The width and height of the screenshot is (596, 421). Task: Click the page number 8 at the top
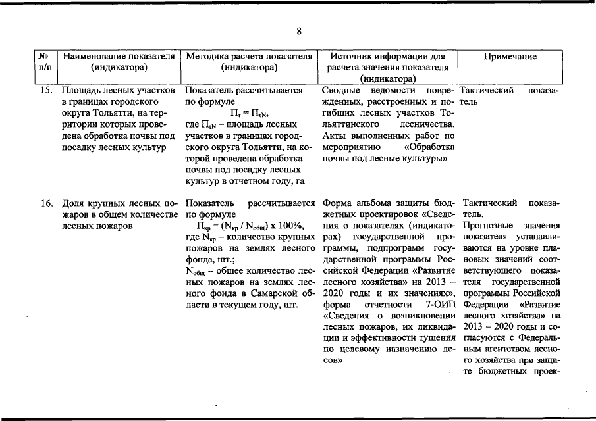pyautogui.click(x=298, y=32)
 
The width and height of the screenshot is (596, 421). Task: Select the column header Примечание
pyautogui.click(x=510, y=57)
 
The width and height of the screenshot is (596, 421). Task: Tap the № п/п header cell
pyautogui.click(x=45, y=61)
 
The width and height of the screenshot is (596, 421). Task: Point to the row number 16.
pyautogui.click(x=46, y=203)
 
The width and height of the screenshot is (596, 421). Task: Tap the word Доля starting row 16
pyautogui.click(x=73, y=203)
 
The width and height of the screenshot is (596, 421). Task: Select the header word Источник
pyautogui.click(x=352, y=57)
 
